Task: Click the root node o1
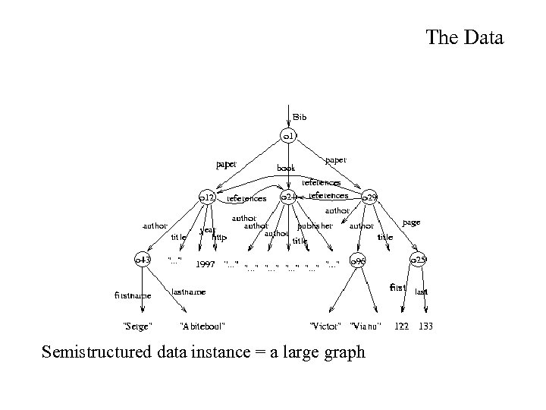coord(288,137)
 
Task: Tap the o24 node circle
coord(288,197)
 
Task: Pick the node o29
coord(369,197)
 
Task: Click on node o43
coord(142,260)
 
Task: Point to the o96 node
coord(358,261)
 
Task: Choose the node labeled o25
coord(419,260)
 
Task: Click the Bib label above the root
coord(300,118)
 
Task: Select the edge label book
coord(286,167)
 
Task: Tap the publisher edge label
coord(315,225)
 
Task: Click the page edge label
coord(411,222)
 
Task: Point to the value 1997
coord(206,265)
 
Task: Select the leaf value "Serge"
coord(137,326)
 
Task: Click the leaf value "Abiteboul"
coord(202,326)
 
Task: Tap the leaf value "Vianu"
coord(366,326)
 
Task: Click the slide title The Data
coord(464,37)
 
